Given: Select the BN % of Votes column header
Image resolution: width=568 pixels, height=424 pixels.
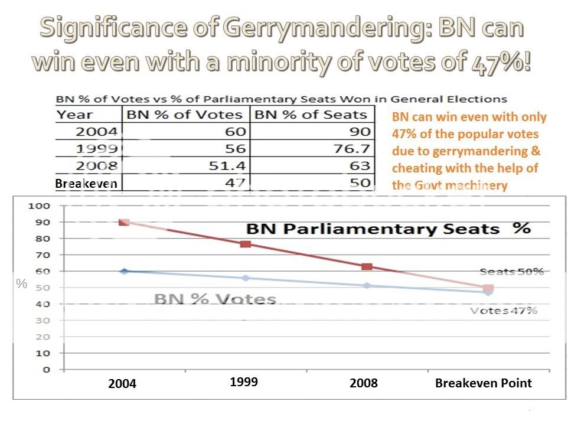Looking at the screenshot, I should [x=185, y=115].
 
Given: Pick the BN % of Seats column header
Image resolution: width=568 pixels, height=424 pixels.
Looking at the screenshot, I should [x=311, y=115].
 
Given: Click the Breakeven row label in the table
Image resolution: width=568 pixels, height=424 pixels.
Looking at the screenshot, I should [x=86, y=183].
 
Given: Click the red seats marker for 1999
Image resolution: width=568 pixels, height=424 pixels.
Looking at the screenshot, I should [x=246, y=244].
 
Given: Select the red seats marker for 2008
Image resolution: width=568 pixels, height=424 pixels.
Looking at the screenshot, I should [x=367, y=267].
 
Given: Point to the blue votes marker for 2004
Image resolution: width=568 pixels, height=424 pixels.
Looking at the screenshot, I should [x=125, y=271].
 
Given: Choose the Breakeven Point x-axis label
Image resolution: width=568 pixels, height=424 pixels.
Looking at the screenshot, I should [x=483, y=383].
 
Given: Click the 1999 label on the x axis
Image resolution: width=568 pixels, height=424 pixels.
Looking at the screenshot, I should [x=244, y=382].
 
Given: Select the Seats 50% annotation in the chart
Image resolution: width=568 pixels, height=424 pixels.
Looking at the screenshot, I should [x=511, y=272].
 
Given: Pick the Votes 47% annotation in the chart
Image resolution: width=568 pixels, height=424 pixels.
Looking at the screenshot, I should [x=504, y=311].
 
